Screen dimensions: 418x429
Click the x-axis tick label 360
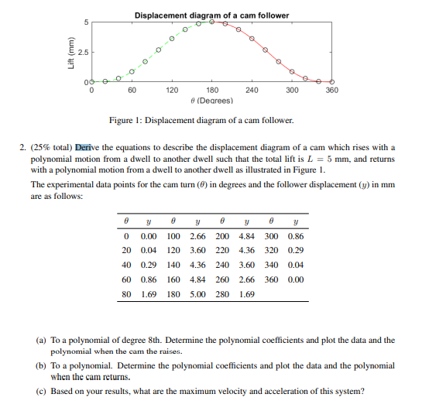pyautogui.click(x=331, y=91)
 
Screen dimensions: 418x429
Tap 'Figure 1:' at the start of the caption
pyautogui.click(x=127, y=120)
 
